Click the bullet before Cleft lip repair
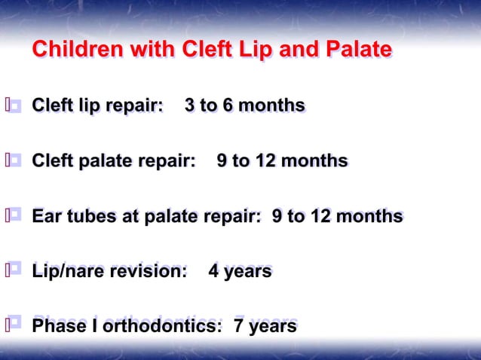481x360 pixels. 15,105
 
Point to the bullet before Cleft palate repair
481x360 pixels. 15,160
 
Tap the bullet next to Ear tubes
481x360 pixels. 15,216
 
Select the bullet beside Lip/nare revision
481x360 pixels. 15,270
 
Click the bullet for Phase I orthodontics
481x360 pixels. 15,325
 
